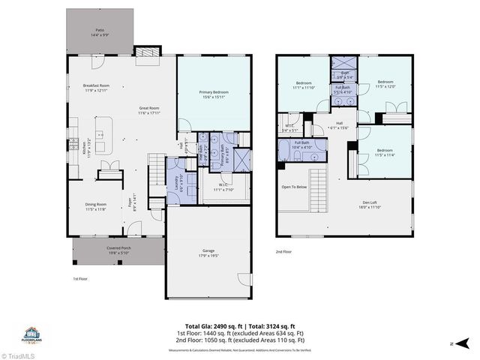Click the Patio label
click(100, 31)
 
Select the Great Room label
click(150, 110)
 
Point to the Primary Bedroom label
click(214, 94)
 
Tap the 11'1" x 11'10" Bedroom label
click(304, 85)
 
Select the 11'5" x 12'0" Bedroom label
click(385, 84)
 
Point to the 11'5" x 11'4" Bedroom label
click(385, 154)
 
